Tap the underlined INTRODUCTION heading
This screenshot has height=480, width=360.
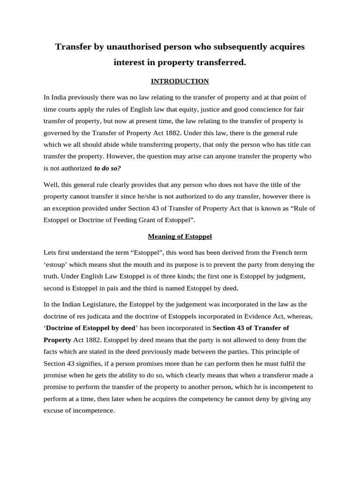point(180,81)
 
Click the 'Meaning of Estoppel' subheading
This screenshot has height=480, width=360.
point(180,236)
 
